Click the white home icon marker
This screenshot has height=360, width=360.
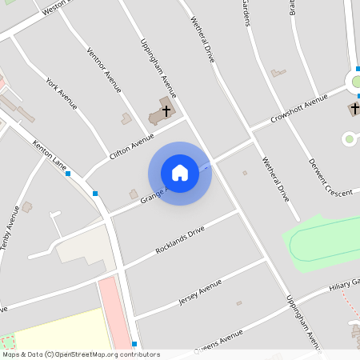(180, 173)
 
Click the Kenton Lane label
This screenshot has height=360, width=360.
(50, 156)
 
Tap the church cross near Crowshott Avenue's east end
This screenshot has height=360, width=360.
(354, 108)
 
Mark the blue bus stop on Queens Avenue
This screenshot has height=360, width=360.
(134, 344)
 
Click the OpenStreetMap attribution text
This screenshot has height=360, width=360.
(81, 354)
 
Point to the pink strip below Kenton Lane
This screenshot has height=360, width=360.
(117, 312)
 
